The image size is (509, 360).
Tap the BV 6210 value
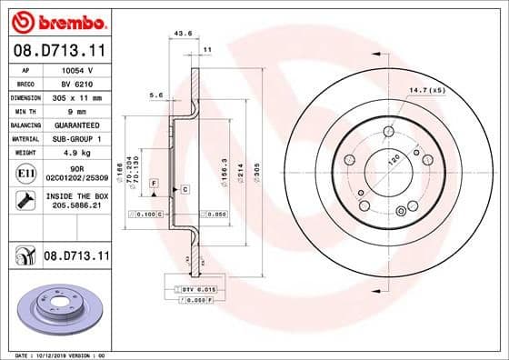pyautogui.click(x=75, y=83)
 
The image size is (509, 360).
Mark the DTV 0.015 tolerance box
pyautogui.click(x=189, y=287)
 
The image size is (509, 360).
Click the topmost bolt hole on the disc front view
pyautogui.click(x=389, y=133)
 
